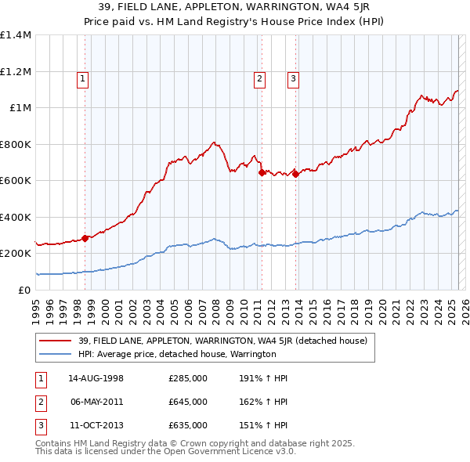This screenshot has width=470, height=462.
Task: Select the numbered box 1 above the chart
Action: point(82,78)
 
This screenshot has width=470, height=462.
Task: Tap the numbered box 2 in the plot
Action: point(259,78)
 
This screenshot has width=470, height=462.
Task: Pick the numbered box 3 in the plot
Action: point(292,78)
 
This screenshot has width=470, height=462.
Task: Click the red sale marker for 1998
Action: point(85,238)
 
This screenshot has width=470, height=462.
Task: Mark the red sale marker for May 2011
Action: point(262,173)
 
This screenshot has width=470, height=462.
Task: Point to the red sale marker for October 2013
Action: point(295,175)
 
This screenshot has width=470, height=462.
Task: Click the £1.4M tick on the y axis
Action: point(16,35)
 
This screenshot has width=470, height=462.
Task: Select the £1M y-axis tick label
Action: point(20,108)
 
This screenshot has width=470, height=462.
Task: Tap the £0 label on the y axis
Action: point(23,290)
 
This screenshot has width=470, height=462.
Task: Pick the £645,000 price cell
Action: point(188,402)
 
